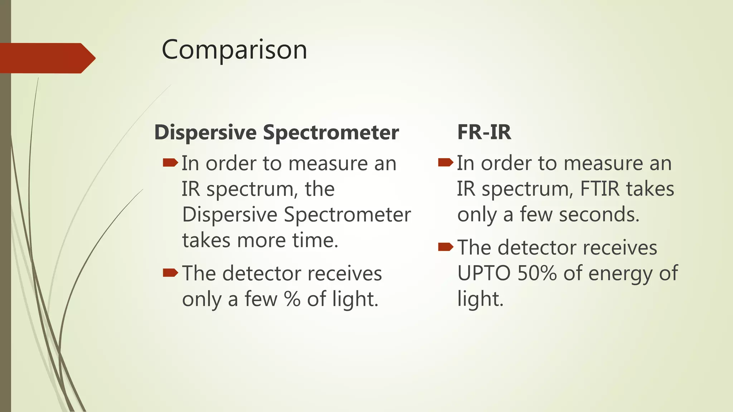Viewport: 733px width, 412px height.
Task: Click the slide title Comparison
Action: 234,50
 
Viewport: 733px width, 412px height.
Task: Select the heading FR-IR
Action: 484,132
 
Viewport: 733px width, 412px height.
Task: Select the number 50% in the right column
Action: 537,273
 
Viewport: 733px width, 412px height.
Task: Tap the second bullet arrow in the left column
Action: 170,273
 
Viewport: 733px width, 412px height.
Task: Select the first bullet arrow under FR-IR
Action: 446,163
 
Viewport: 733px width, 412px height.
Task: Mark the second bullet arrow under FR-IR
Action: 446,247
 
